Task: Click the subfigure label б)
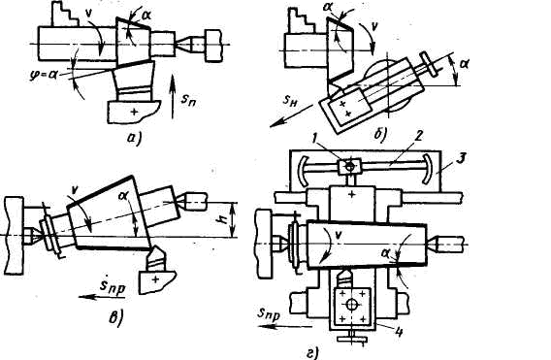pyautogui.click(x=380, y=134)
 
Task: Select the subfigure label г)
pyautogui.click(x=312, y=353)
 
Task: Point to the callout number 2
pyautogui.click(x=417, y=137)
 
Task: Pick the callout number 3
pyautogui.click(x=462, y=158)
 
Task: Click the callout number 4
pyautogui.click(x=399, y=332)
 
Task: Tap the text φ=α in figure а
pyautogui.click(x=44, y=74)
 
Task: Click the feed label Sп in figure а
pyautogui.click(x=189, y=100)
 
